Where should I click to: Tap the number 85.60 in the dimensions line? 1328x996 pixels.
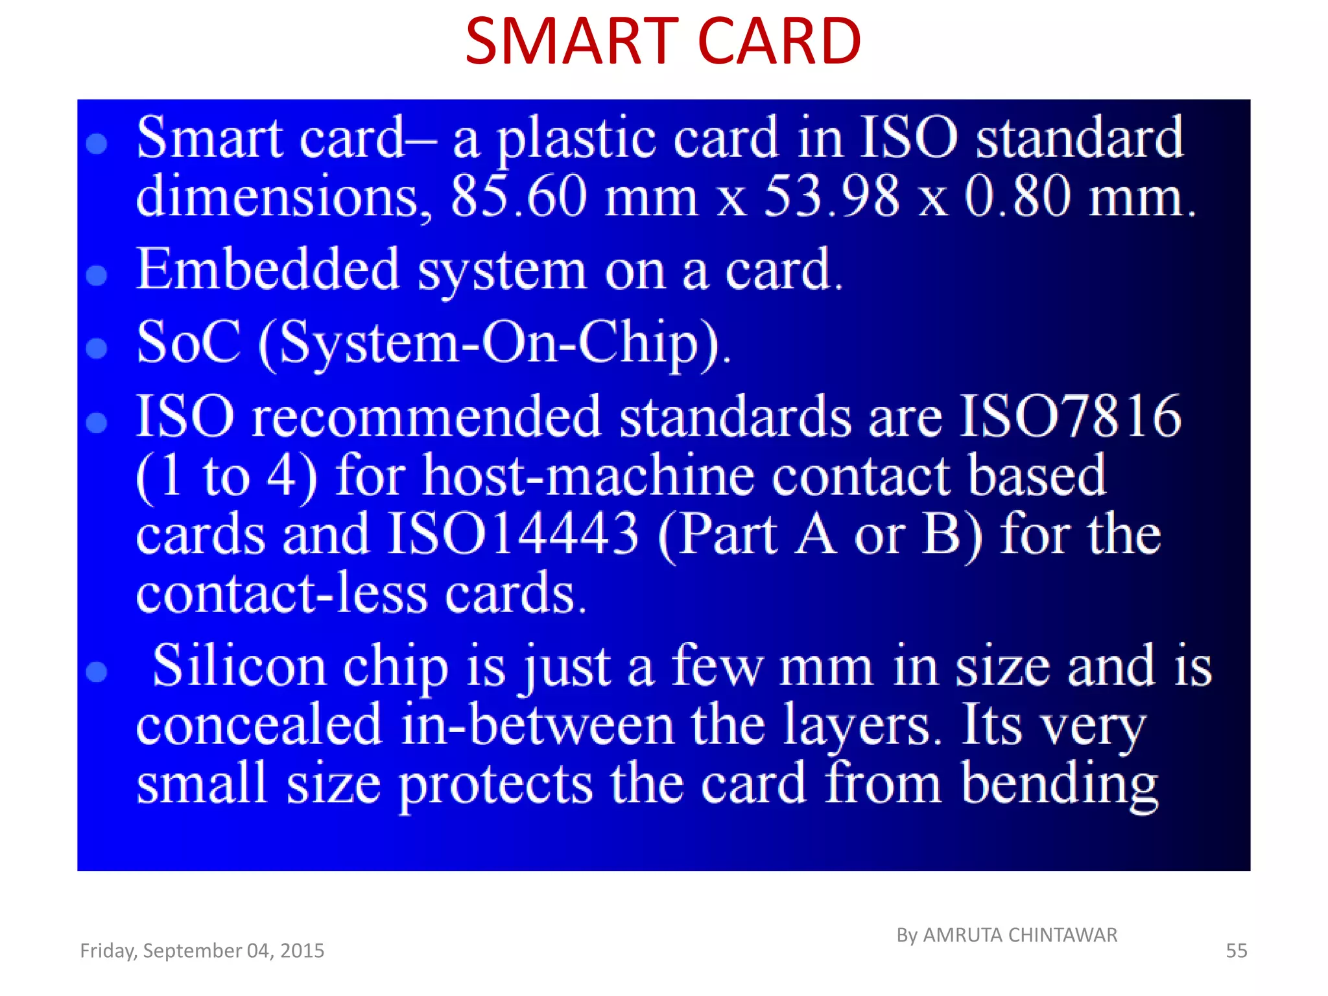[x=519, y=196]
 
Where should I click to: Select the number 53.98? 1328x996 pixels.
[x=832, y=196]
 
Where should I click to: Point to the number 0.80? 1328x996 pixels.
[x=1017, y=196]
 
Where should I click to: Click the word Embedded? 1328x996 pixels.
[x=267, y=269]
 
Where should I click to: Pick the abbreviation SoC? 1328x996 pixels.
[x=188, y=342]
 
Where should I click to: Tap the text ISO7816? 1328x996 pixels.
[x=1070, y=416]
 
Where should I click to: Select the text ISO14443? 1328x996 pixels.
[x=513, y=534]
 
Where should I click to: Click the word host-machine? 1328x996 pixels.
[x=589, y=475]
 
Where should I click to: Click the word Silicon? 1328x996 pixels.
[x=238, y=666]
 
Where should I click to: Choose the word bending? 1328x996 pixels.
[x=1059, y=783]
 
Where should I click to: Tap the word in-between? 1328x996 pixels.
[x=537, y=725]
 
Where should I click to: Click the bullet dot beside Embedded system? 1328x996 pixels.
[x=97, y=275]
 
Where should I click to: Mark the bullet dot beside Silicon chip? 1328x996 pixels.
[x=97, y=672]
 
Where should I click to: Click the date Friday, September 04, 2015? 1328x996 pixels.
[x=202, y=951]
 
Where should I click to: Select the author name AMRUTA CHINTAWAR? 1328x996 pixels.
[x=1019, y=935]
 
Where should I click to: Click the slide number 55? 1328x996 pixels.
[x=1236, y=951]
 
